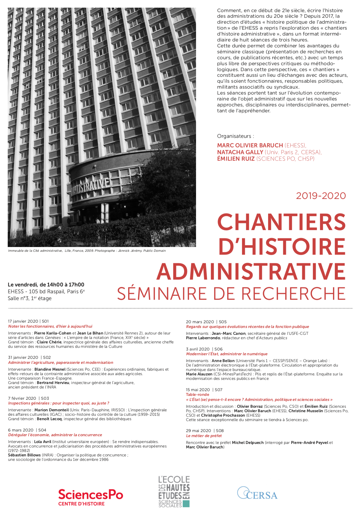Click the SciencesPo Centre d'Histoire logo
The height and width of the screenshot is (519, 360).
pyautogui.click(x=90, y=497)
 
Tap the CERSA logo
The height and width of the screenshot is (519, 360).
pyautogui.click(x=257, y=493)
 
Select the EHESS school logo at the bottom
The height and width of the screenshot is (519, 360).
pyautogui.click(x=174, y=491)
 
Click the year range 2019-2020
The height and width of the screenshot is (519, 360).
pyautogui.click(x=321, y=196)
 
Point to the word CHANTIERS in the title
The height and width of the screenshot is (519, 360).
pyautogui.click(x=281, y=222)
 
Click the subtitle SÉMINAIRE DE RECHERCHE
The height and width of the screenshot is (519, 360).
pyautogui.click(x=231, y=294)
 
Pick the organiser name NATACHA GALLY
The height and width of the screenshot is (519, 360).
pyautogui.click(x=240, y=152)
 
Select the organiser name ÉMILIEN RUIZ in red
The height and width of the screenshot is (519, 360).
pyautogui.click(x=236, y=159)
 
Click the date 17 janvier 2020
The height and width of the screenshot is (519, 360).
pyautogui.click(x=23, y=321)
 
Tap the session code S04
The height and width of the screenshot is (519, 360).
pyautogui.click(x=42, y=430)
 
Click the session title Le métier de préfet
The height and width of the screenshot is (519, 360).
pyautogui.click(x=204, y=436)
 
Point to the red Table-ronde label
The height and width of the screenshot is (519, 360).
pyautogui.click(x=197, y=394)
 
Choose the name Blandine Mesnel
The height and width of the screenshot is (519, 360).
pyautogui.click(x=50, y=369)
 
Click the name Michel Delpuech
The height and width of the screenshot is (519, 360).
pyautogui.click(x=248, y=442)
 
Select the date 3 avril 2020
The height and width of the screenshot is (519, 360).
pyautogui.click(x=198, y=349)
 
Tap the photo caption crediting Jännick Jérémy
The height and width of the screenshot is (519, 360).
pyautogui.click(x=87, y=251)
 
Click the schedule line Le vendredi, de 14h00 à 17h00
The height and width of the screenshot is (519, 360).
pyautogui.click(x=46, y=285)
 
